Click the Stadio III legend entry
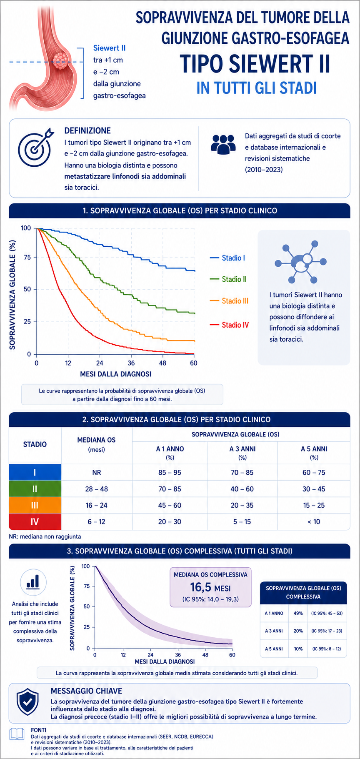coord(229,301)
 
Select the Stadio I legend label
coord(233,258)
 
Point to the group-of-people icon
coord(223,143)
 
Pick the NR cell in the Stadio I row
coord(96,473)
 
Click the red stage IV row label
coord(35,521)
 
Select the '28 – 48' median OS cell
coord(96,489)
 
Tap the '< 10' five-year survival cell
coord(314,521)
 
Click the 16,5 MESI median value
coord(210,588)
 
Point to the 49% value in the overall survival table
coord(298,613)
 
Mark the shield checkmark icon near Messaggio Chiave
coord(27,702)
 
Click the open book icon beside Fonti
coord(17,734)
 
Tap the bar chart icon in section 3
coord(33,582)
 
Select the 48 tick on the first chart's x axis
coord(162,363)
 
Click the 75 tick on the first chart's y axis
coord(27,258)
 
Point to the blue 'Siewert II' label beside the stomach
coord(109,48)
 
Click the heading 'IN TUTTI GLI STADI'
coord(257,88)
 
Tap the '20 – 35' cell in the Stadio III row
coord(242,505)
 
